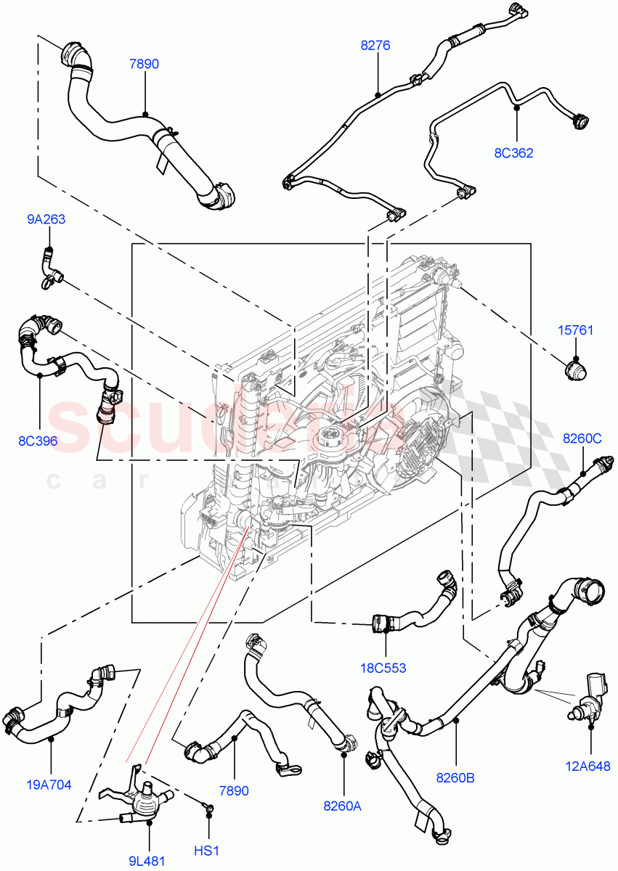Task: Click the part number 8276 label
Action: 375,45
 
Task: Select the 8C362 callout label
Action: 513,153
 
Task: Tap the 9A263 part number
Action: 47,219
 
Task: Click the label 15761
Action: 575,331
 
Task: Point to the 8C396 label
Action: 38,440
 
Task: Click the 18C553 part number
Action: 384,668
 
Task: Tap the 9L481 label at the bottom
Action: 147,861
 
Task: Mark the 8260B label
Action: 455,778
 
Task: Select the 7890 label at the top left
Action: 144,64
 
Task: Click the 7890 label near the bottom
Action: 234,791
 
